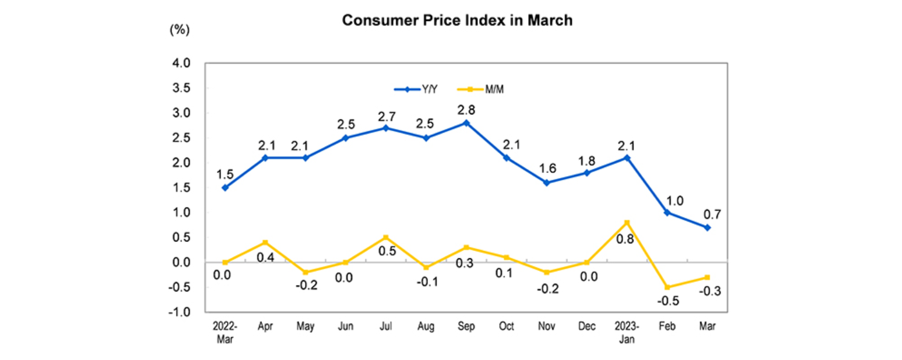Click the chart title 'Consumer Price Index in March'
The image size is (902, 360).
(457, 21)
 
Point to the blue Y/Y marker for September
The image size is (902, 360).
(466, 123)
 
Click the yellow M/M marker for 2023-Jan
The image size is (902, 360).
(627, 223)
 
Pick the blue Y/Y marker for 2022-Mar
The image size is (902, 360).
(225, 188)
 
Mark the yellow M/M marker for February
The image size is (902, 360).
(667, 287)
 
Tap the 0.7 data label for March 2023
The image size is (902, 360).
(707, 214)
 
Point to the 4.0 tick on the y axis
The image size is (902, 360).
(181, 63)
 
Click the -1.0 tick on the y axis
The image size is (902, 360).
(180, 312)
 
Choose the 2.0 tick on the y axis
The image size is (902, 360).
(181, 163)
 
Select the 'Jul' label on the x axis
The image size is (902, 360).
(385, 327)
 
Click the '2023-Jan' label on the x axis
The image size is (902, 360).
(627, 332)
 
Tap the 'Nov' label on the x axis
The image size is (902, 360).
(546, 327)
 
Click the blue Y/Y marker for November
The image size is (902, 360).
(546, 183)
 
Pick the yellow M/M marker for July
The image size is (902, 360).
(385, 237)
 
